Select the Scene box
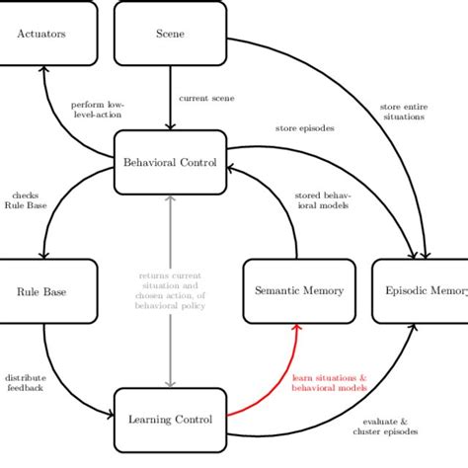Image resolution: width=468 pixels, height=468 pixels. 171,34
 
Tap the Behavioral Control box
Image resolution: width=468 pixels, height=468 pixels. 171,162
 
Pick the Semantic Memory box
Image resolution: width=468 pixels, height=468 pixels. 298,291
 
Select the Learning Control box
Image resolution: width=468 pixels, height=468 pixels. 171,420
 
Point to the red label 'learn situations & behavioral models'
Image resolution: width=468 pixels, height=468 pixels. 330,383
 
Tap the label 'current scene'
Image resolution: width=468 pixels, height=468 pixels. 206,98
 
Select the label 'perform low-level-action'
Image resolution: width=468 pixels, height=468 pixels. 97,109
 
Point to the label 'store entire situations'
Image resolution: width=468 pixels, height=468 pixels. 403,111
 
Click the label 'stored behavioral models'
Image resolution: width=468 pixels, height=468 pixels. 322,200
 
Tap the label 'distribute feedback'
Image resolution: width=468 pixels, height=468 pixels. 24,382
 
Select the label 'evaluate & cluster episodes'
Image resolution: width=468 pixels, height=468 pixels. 385,426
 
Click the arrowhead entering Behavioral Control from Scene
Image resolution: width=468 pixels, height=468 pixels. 171,125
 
